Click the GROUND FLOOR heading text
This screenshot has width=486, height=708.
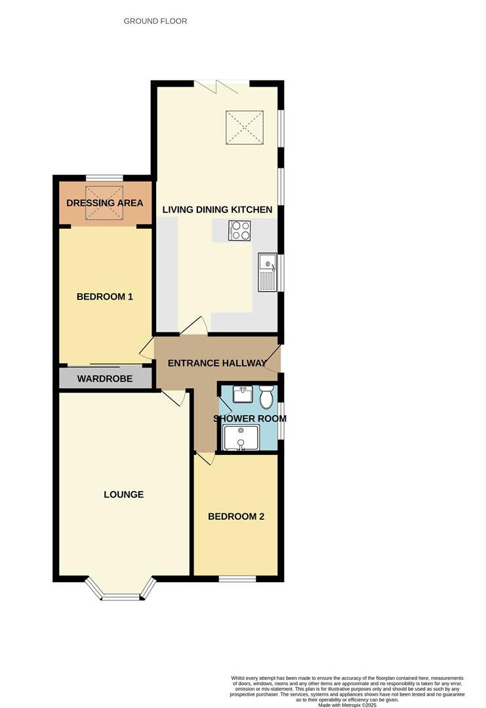[155, 21]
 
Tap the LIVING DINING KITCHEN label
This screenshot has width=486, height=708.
[217, 210]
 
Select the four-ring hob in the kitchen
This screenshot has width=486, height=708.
[239, 230]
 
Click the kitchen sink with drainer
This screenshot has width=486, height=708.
[269, 271]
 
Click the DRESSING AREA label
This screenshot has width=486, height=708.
[105, 203]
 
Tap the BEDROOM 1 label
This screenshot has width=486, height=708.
[105, 296]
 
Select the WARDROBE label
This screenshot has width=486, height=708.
[105, 378]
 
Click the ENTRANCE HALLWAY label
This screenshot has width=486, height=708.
[217, 363]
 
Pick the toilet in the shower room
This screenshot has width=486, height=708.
[266, 397]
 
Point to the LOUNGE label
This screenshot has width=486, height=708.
[123, 494]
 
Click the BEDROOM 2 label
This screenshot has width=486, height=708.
[236, 517]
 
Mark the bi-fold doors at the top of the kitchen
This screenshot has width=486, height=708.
[222, 84]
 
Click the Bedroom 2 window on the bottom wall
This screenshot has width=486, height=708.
[237, 578]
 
